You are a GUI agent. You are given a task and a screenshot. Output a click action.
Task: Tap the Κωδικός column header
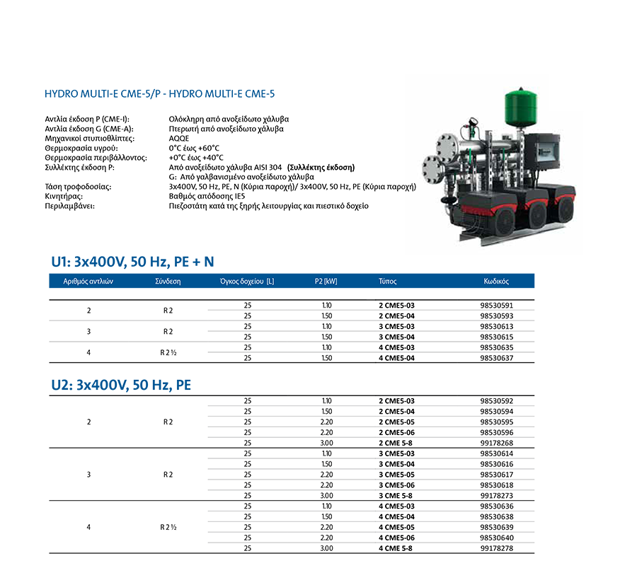496,281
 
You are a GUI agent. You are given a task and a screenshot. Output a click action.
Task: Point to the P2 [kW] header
326,281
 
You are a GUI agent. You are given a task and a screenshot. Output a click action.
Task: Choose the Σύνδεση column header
168,281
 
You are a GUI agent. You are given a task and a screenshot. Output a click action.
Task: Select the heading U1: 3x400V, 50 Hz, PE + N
132,262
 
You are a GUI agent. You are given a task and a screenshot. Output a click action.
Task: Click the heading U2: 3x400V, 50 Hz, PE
121,386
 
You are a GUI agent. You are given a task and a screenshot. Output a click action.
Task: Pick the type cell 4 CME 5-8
396,548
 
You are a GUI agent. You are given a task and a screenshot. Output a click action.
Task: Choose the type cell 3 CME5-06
396,485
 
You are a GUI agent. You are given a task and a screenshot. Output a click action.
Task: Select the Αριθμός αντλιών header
88,281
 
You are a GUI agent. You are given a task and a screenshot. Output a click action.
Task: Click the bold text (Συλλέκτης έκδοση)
321,167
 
